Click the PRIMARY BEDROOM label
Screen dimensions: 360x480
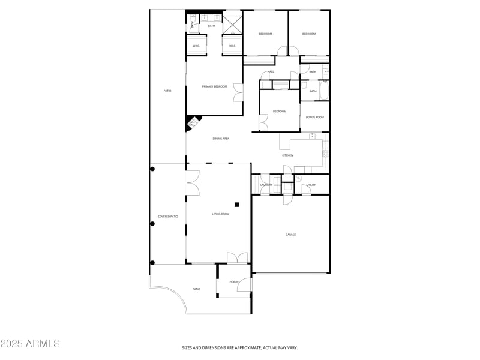[214, 87]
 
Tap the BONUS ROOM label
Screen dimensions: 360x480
[314, 117]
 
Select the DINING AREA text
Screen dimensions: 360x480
[221, 139]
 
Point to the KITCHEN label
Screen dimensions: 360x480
[288, 155]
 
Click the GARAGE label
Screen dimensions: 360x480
[290, 235]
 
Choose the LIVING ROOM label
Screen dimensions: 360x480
[220, 214]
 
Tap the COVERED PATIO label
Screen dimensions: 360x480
[168, 217]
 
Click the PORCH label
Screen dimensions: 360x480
[234, 282]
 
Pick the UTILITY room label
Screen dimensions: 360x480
[311, 185]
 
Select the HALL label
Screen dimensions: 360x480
[271, 72]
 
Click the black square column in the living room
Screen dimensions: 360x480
[237, 205]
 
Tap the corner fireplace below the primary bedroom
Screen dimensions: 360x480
[192, 124]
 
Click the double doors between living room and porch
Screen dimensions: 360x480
[238, 258]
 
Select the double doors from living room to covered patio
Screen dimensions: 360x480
[193, 183]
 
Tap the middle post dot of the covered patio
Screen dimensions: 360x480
[152, 224]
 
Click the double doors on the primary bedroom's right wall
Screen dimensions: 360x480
[239, 93]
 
